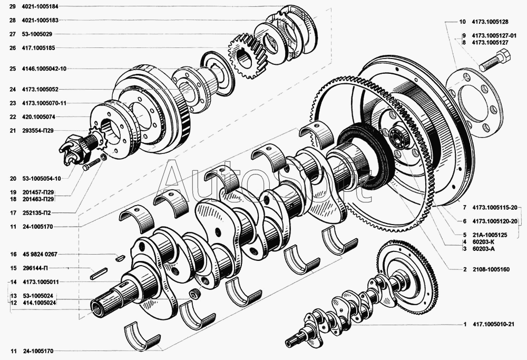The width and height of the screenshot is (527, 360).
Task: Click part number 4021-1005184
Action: (40, 6)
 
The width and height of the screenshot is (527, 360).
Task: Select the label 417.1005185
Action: (38, 48)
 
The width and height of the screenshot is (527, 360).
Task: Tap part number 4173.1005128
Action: (490, 22)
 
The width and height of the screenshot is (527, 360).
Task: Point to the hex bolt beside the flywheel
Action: (495, 60)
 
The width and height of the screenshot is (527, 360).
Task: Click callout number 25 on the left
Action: (13, 69)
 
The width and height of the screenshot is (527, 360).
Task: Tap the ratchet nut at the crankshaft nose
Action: (75, 150)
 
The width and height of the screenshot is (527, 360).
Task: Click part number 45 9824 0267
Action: (41, 254)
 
